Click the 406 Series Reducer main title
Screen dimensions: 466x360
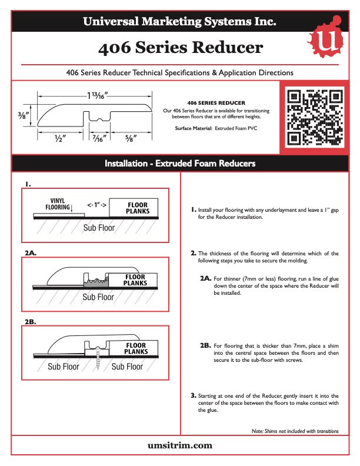coord(180,48)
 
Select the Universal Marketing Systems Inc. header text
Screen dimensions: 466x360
coord(179,22)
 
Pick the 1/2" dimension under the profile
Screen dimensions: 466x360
coord(59,139)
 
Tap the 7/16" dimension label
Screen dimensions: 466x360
coord(98,139)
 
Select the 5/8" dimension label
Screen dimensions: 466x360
coord(131,139)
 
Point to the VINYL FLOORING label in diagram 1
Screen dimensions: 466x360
coord(58,204)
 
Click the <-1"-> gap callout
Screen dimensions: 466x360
coord(96,205)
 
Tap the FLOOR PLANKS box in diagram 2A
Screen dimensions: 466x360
coord(135,280)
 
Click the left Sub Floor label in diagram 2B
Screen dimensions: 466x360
coord(63,367)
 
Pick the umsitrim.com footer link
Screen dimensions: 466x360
coord(179,445)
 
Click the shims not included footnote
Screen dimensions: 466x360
coord(295,431)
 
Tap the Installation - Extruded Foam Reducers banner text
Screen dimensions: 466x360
coord(179,163)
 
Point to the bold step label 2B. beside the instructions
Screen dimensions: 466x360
coord(205,346)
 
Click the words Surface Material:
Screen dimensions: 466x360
coord(194,128)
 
